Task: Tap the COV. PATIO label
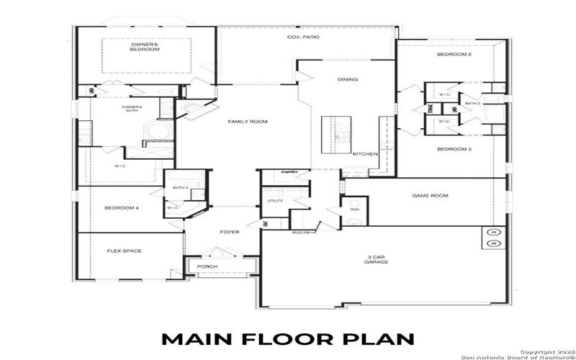(303, 37)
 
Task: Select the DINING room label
(347, 79)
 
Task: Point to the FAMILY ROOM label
(248, 122)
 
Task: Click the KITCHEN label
(365, 154)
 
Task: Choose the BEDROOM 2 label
(454, 55)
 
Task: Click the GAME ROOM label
(430, 195)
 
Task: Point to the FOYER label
(230, 232)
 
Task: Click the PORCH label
(207, 267)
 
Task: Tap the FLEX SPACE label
(125, 251)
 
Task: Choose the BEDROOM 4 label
(121, 208)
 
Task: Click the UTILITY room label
(275, 201)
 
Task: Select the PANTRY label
(290, 172)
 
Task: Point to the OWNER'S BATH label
(132, 109)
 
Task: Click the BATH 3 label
(180, 188)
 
